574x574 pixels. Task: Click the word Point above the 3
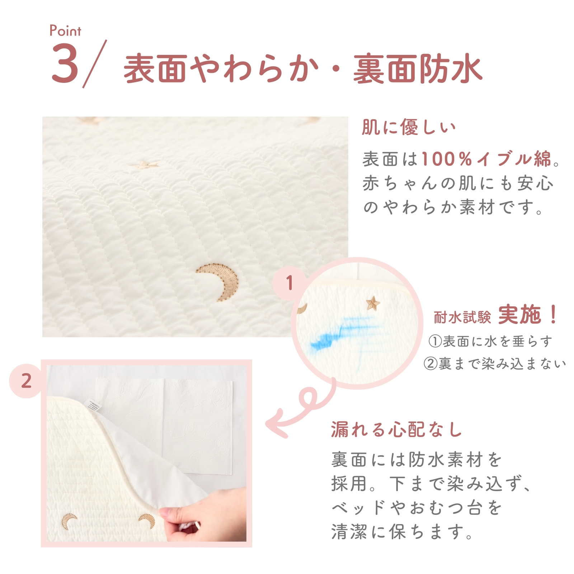(65, 31)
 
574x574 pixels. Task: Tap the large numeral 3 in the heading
(65, 63)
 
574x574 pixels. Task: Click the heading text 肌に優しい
(409, 127)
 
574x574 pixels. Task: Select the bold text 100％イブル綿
(486, 159)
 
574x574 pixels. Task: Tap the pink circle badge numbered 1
(290, 283)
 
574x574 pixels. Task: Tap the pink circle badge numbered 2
(26, 381)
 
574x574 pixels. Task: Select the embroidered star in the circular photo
(373, 304)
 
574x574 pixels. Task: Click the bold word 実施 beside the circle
(519, 315)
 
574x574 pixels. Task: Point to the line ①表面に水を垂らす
(490, 341)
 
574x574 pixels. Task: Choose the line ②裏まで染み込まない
(494, 364)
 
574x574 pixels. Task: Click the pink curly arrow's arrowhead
(276, 424)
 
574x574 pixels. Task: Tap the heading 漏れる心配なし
(396, 429)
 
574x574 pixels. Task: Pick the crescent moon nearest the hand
(147, 521)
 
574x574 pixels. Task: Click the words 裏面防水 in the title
(418, 68)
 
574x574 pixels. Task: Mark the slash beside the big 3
(95, 63)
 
